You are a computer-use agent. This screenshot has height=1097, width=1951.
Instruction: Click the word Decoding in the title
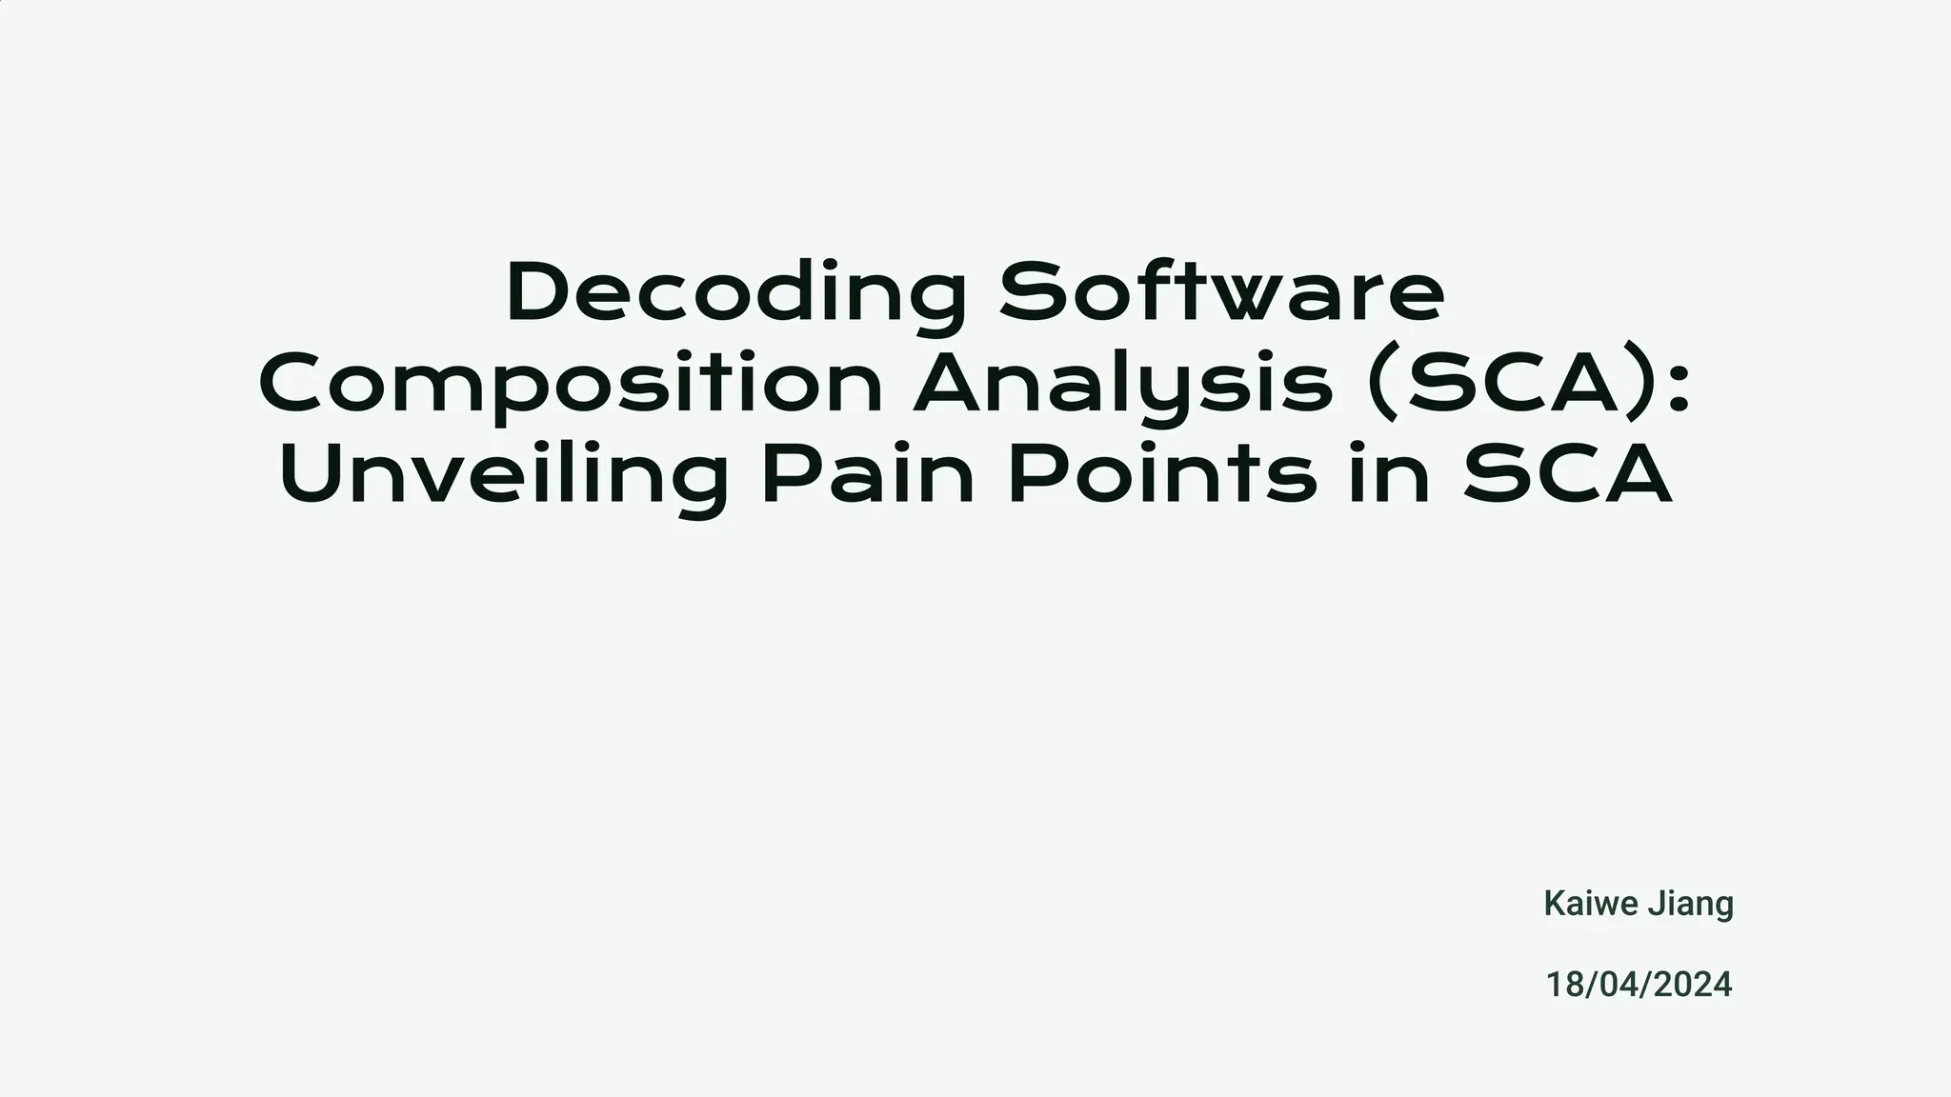point(735,293)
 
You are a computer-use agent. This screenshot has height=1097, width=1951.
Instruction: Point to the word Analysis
point(1123,385)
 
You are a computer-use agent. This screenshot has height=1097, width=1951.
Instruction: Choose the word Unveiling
point(504,476)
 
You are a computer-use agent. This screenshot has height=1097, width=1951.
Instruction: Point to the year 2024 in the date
point(1692,985)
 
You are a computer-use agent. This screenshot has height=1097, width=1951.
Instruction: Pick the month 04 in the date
point(1617,985)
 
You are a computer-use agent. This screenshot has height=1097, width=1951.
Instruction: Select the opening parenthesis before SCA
point(1381,384)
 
